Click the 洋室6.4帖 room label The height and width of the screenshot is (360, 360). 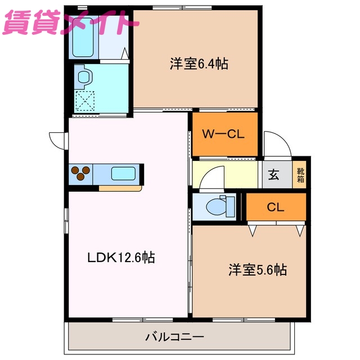coord(199,64)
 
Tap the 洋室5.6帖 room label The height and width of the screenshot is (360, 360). coord(258,270)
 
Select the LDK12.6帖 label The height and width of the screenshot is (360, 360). coord(121,258)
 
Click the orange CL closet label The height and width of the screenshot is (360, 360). coord(276,206)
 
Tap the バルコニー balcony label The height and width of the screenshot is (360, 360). coord(175,337)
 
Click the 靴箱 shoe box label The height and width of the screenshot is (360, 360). coord(301,174)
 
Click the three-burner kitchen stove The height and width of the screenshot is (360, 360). coord(80,173)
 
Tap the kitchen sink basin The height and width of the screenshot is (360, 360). coord(123,174)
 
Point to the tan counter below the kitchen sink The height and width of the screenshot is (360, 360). coord(119,188)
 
